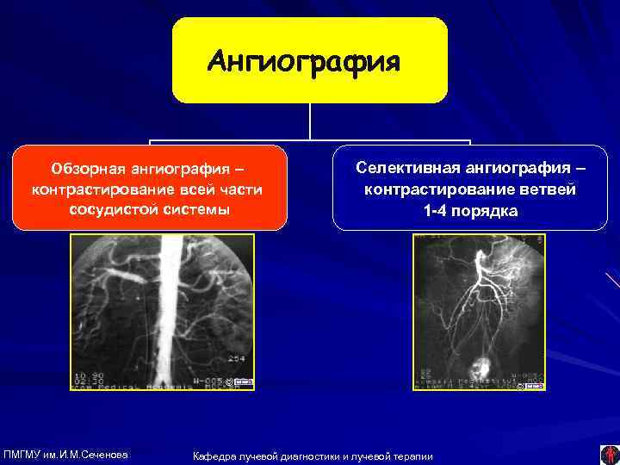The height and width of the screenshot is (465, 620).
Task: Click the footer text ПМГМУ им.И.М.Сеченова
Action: coord(66,454)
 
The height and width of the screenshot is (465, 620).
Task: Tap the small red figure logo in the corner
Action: coord(608,453)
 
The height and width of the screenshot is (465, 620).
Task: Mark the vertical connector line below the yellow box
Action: coord(310,121)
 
